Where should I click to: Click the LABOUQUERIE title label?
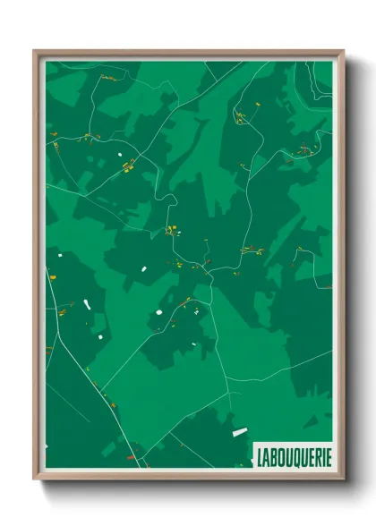click(x=293, y=456)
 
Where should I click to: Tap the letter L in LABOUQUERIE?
click(x=260, y=456)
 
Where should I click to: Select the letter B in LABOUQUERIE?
click(x=273, y=456)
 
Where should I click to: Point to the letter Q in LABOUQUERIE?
click(x=294, y=456)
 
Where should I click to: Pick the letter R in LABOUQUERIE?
click(x=315, y=456)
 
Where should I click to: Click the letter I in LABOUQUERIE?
click(x=321, y=456)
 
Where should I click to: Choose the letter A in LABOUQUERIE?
click(x=266, y=456)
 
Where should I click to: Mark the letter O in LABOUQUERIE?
click(x=280, y=456)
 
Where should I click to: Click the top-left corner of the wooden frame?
click(x=35, y=51)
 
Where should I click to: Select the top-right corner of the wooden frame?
click(x=344, y=51)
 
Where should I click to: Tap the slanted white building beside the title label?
click(x=239, y=433)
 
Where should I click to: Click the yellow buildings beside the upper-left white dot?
click(x=128, y=165)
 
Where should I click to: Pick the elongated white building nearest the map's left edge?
click(x=87, y=304)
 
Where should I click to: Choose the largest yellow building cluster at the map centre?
click(x=170, y=230)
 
